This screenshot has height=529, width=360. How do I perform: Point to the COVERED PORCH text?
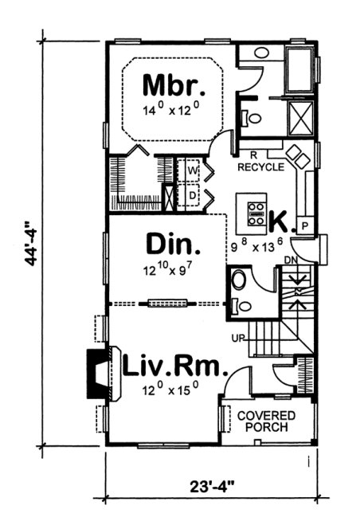pos(266,421)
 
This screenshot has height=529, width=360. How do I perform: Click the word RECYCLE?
pos(260,167)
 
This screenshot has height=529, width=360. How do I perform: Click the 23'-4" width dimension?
pos(208,483)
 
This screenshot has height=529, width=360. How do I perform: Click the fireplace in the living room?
pos(97,373)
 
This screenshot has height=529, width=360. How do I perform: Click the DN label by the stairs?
pos(292,260)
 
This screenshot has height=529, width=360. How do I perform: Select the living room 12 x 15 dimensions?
pos(170,390)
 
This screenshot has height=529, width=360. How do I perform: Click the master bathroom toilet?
pos(252,118)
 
